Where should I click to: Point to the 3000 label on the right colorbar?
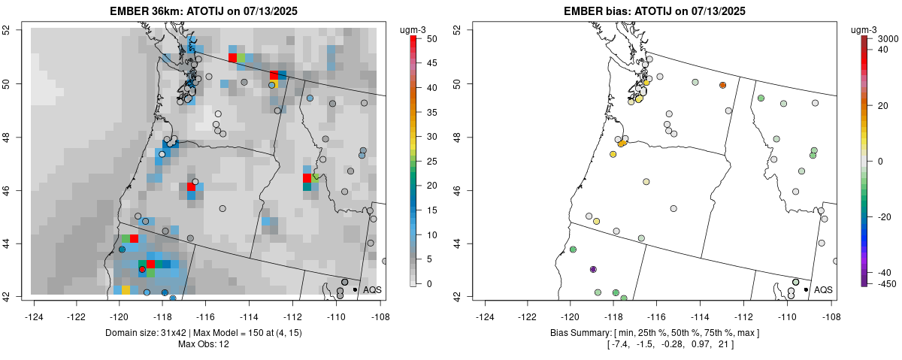click(888, 38)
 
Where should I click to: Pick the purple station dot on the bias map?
click(593, 269)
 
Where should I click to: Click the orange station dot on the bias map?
click(722, 86)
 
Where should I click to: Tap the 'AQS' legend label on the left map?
click(372, 289)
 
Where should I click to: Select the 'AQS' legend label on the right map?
click(823, 289)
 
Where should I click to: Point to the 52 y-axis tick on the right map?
click(457, 30)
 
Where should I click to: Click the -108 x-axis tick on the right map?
click(831, 307)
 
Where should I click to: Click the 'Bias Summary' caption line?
click(655, 332)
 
